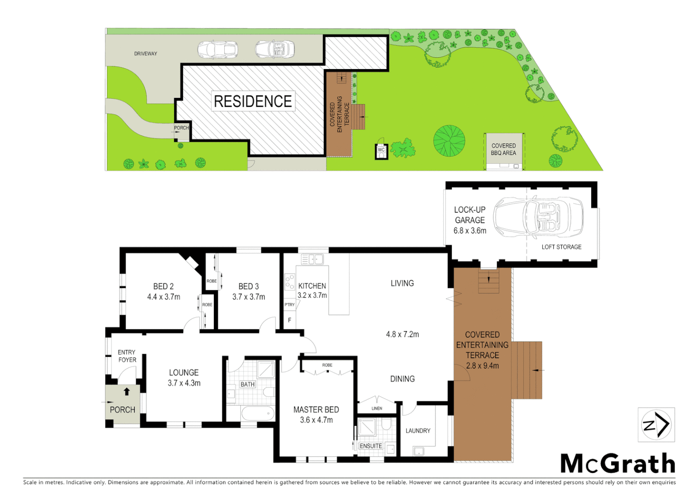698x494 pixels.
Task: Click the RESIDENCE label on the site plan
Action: tap(253, 101)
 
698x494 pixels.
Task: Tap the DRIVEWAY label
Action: tap(145, 54)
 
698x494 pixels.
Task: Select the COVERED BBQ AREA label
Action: tap(503, 150)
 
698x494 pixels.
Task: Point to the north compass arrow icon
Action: tap(656, 425)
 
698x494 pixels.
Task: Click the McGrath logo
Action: tap(618, 463)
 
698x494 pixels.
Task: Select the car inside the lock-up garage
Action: tap(538, 216)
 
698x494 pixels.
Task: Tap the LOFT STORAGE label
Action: tap(561, 247)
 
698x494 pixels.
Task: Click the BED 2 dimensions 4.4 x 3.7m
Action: tap(164, 297)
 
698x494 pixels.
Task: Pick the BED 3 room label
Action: tap(249, 286)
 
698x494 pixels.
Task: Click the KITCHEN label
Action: tap(312, 286)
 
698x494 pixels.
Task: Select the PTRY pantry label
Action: tap(290, 305)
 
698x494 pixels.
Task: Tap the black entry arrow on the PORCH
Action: tap(127, 392)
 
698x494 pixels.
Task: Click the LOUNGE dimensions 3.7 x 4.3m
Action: tap(184, 383)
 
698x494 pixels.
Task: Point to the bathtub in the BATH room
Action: tap(257, 413)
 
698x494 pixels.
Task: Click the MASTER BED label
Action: tap(316, 409)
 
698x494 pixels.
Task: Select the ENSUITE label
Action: tap(370, 446)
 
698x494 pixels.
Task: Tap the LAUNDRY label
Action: tap(418, 430)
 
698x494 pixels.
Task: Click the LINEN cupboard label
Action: tap(377, 408)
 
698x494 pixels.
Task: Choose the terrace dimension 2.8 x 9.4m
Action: tap(482, 366)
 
